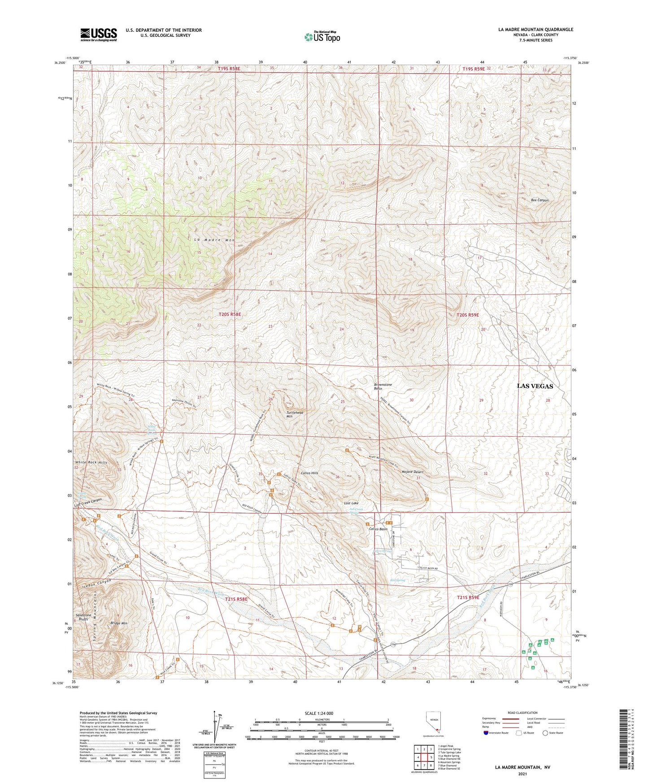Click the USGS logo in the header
pos(99,35)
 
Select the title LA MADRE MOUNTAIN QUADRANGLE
pos(535,30)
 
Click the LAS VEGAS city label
pos(535,386)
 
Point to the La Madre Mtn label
pos(214,240)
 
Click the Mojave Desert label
pos(412,472)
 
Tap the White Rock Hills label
pos(91,462)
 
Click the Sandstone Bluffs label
pos(83,617)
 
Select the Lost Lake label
pos(351,503)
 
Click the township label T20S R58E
pos(230,314)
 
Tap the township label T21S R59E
pos(468,597)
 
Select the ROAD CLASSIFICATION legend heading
pos(522,713)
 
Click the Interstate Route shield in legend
pos(486,733)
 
